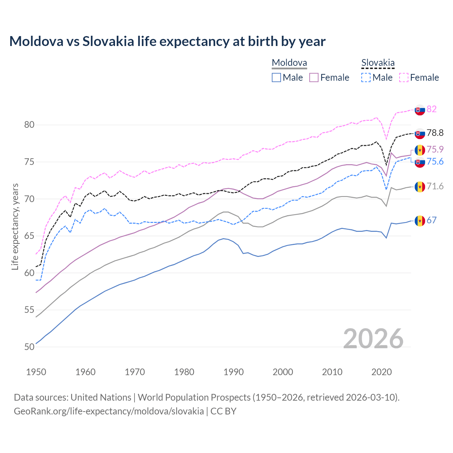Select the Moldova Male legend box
pyautogui.click(x=276, y=78)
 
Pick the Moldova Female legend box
pyautogui.click(x=314, y=78)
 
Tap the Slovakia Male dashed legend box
pyautogui.click(x=366, y=78)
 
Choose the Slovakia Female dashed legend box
pyautogui.click(x=404, y=78)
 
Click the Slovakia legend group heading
pyautogui.click(x=378, y=63)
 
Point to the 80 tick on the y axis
pyautogui.click(x=29, y=125)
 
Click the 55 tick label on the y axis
pyautogui.click(x=29, y=310)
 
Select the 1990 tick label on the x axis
pyautogui.click(x=234, y=372)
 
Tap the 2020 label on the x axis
pyautogui.click(x=382, y=372)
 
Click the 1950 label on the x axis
pyautogui.click(x=36, y=372)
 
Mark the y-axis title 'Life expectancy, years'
pyautogui.click(x=15, y=226)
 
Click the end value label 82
pyautogui.click(x=431, y=109)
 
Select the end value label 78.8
pyautogui.click(x=435, y=133)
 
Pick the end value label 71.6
pyautogui.click(x=435, y=186)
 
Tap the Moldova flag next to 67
pyautogui.click(x=420, y=221)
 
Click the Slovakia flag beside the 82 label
pyautogui.click(x=420, y=110)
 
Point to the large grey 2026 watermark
pyautogui.click(x=373, y=339)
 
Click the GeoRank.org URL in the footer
pyautogui.click(x=109, y=411)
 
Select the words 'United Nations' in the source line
pyautogui.click(x=101, y=397)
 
